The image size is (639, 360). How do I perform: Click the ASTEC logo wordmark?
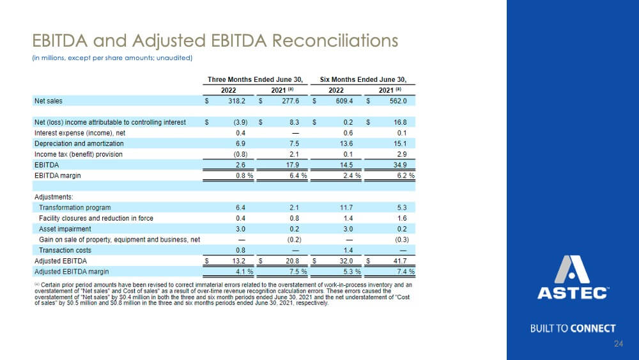pyautogui.click(x=573, y=293)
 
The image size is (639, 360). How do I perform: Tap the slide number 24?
pyautogui.click(x=618, y=343)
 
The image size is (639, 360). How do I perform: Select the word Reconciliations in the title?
pyautogui.click(x=335, y=40)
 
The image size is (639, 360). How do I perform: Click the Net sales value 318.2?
pyautogui.click(x=237, y=100)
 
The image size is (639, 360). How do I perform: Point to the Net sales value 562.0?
pyautogui.click(x=398, y=100)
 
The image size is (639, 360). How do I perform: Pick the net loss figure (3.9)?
pyautogui.click(x=240, y=122)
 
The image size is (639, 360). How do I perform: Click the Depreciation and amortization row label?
pyautogui.click(x=79, y=143)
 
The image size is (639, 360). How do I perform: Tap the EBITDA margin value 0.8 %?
pyautogui.click(x=245, y=176)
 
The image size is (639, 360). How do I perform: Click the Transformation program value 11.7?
pyautogui.click(x=346, y=208)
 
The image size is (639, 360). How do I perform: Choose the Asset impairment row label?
pyautogui.click(x=65, y=229)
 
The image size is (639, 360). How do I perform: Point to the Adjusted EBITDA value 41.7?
pyautogui.click(x=400, y=261)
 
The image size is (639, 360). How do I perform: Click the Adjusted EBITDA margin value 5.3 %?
pyautogui.click(x=352, y=272)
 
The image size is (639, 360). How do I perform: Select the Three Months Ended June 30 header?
pyautogui.click(x=255, y=79)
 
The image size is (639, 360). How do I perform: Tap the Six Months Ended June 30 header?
pyautogui.click(x=363, y=79)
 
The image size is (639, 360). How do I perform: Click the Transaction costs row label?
pyautogui.click(x=65, y=250)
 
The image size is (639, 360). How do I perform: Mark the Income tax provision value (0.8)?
pyautogui.click(x=240, y=154)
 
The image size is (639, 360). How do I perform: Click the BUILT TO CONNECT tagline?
pyautogui.click(x=573, y=328)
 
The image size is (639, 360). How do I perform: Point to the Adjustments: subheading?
pyautogui.click(x=54, y=197)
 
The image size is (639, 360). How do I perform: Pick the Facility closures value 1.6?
pyautogui.click(x=402, y=218)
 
